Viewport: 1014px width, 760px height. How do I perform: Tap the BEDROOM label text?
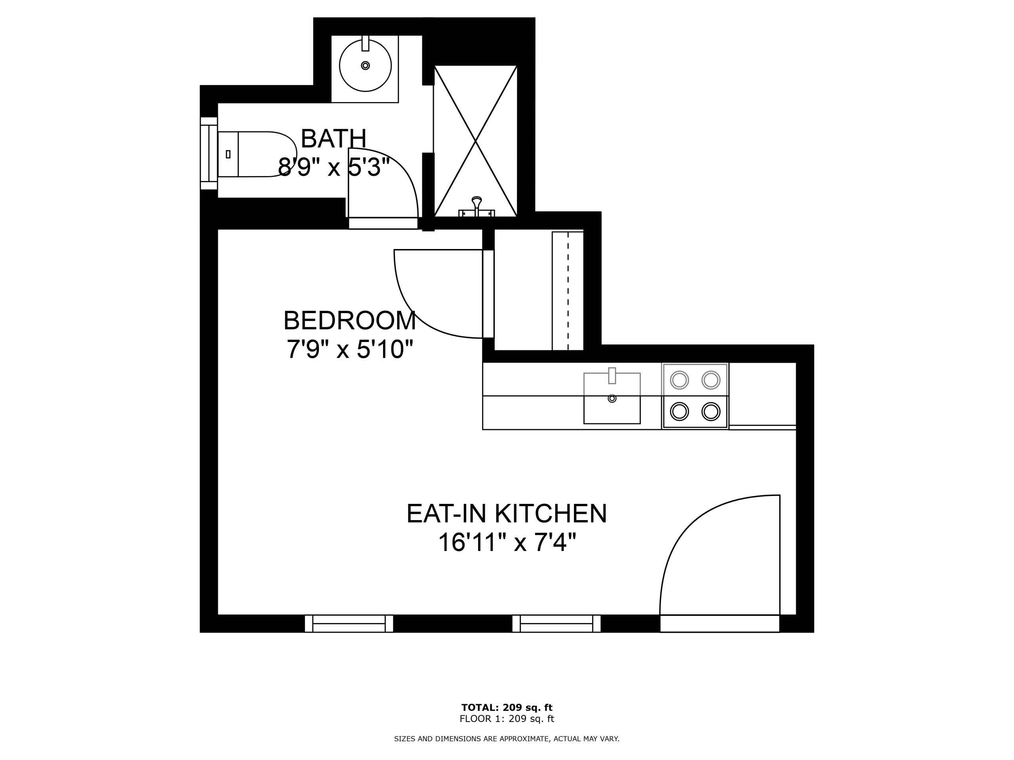[x=349, y=321]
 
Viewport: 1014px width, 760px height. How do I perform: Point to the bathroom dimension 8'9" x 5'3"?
[x=334, y=167]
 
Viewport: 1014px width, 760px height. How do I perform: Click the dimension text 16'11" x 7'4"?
[x=507, y=542]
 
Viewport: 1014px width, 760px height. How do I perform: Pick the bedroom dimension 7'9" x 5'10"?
[x=350, y=349]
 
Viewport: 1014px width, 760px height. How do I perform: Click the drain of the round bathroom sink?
[x=365, y=65]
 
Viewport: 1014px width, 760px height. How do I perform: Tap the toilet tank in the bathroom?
[x=228, y=154]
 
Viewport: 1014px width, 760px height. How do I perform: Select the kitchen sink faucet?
[x=612, y=376]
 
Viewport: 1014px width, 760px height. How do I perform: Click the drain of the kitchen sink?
[x=612, y=399]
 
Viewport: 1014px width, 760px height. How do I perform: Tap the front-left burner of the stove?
[x=679, y=412]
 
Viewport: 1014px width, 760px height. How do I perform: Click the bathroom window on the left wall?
[x=209, y=153]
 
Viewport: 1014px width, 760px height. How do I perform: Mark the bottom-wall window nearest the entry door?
[x=557, y=623]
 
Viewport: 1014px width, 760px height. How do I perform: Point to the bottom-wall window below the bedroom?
[x=349, y=623]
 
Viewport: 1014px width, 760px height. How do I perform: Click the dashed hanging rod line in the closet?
[x=568, y=291]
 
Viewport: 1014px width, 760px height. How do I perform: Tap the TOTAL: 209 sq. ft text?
[x=507, y=707]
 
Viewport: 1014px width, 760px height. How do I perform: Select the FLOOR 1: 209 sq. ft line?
[x=507, y=718]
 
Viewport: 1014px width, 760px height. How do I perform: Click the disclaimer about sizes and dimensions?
[x=507, y=739]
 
